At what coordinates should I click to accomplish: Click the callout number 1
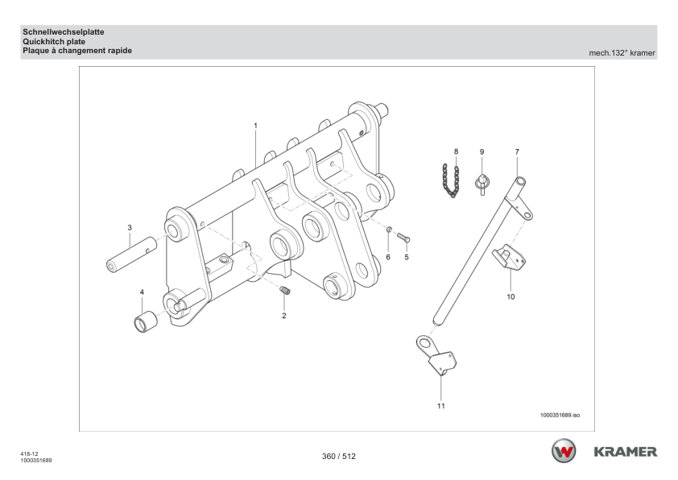coord(255,126)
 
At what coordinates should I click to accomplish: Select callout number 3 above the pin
coord(130,228)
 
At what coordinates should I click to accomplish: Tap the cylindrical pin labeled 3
coord(129,254)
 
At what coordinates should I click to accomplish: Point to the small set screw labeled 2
coord(285,292)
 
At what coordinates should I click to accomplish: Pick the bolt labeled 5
coord(404,238)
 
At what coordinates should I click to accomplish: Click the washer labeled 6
coord(389,230)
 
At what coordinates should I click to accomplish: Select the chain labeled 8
coord(453,178)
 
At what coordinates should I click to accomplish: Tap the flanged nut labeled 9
coord(482,182)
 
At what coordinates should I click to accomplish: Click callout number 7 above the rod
coord(517,151)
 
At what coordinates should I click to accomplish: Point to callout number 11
coord(440,406)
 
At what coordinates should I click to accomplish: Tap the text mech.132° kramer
coord(622,53)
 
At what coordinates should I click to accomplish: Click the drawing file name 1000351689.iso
coord(560,415)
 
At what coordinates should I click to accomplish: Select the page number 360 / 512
coord(339,457)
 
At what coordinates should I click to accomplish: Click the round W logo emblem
coord(563,452)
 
